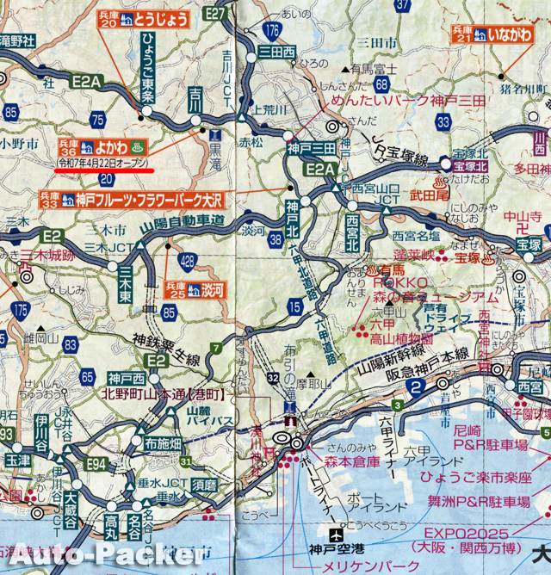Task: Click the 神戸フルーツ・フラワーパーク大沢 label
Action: coord(145,200)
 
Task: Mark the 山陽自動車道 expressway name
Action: coord(189,221)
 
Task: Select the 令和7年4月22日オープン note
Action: coord(104,162)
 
